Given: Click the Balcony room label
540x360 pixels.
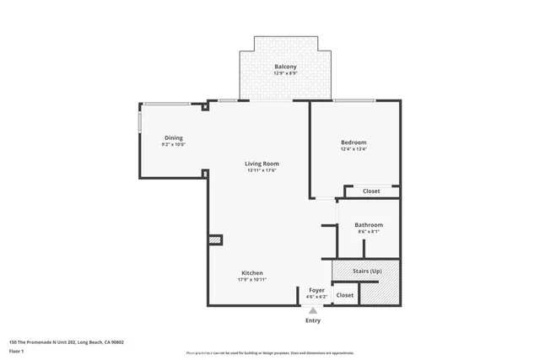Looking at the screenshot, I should point(284,67).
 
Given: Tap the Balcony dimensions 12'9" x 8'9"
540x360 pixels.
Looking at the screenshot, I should point(284,73).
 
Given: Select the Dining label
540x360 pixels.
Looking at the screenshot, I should point(173,138).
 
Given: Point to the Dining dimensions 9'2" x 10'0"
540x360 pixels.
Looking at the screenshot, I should point(173,145).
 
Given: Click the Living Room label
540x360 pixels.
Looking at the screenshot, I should point(262,164).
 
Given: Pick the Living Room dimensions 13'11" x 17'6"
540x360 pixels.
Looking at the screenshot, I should point(262,170).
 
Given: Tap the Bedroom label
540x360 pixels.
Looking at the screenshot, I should point(354,142).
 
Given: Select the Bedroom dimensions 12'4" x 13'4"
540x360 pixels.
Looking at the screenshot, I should point(354,149).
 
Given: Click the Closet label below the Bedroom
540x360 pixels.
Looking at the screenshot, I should point(371,191).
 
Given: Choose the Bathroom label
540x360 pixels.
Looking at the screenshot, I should point(369,225).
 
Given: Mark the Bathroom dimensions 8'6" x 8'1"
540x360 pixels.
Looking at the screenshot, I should point(369,232).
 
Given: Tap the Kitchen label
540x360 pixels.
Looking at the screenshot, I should point(252,273).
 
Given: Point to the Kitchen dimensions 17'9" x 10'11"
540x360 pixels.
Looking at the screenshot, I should point(252,280).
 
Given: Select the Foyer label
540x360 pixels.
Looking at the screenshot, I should point(316,290).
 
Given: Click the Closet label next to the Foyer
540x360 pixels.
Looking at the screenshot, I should point(345,295).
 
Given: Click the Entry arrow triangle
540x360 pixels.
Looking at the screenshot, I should point(313,310).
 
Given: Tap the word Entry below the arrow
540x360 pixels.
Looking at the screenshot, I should point(313,320).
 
